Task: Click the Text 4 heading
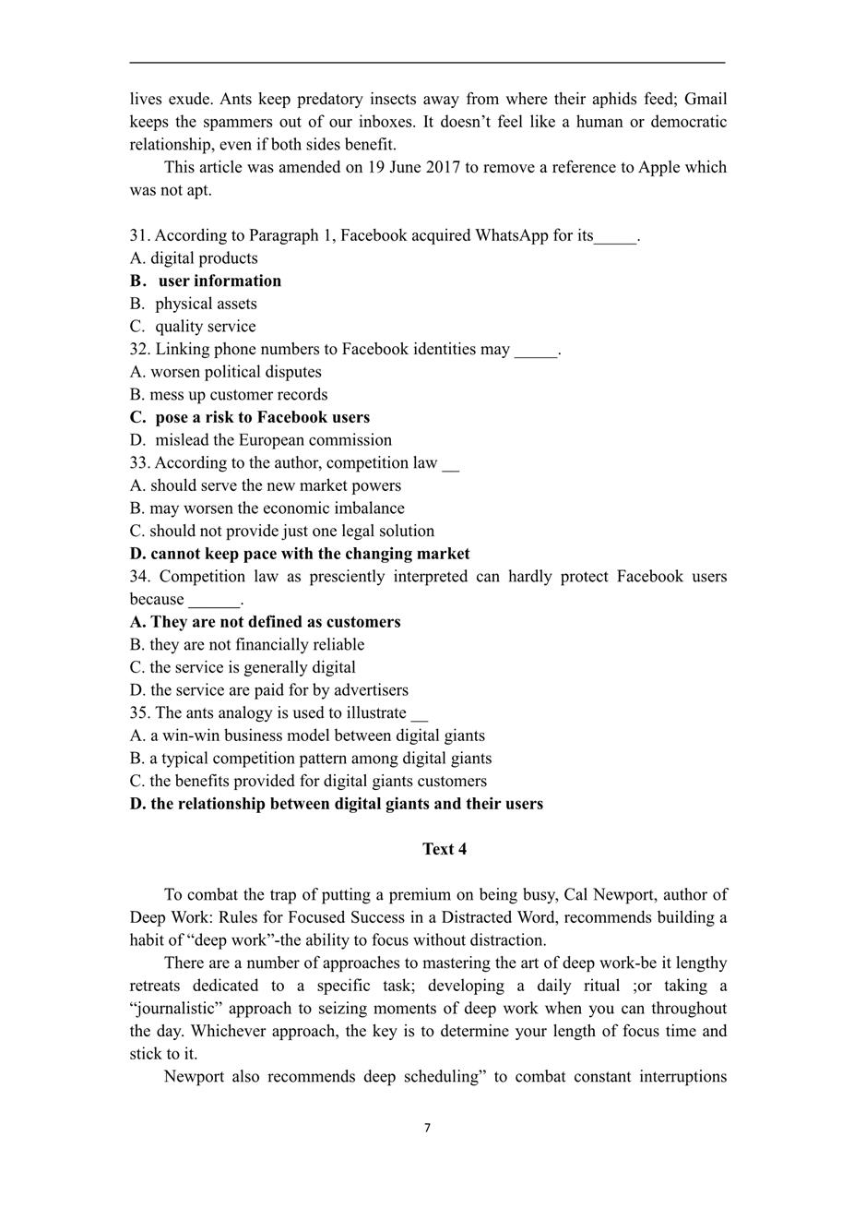point(445,849)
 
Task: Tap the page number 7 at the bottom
point(427,1128)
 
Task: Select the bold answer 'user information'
point(219,281)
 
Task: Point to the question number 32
point(139,349)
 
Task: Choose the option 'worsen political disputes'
point(235,372)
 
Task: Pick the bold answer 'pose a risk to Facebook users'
point(262,417)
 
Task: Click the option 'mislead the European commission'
point(273,440)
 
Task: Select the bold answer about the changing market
point(310,554)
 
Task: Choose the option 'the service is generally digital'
point(252,667)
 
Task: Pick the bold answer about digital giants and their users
point(346,804)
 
